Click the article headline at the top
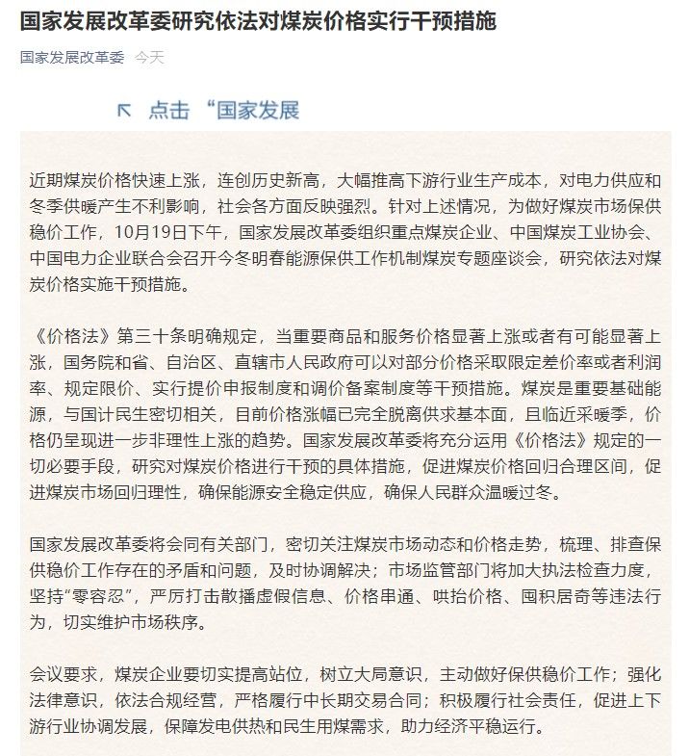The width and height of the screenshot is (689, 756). pos(258,21)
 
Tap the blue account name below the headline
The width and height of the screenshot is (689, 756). pos(72,58)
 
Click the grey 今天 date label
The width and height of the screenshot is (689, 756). pos(149,58)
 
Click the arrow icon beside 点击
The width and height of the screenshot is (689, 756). pos(124,111)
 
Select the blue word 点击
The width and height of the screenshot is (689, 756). pos(168,111)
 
